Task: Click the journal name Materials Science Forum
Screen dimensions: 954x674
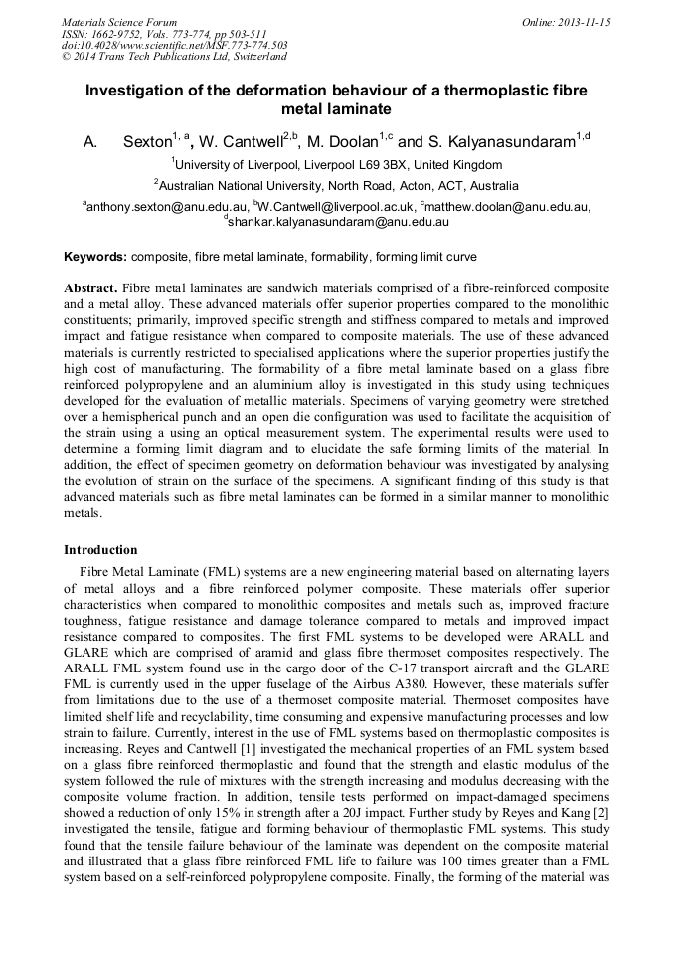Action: pyautogui.click(x=119, y=21)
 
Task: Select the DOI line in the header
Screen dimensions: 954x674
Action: pyautogui.click(x=175, y=45)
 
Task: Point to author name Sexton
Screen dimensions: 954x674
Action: pyautogui.click(x=147, y=143)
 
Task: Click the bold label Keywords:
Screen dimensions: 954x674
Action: pyautogui.click(x=95, y=257)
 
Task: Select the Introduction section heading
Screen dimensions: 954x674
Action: pyautogui.click(x=100, y=550)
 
